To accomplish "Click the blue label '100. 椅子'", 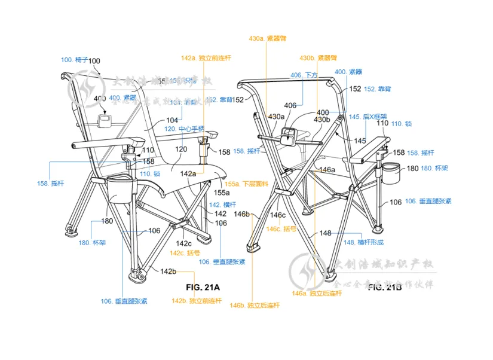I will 74,60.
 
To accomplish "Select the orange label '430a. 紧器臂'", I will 268,38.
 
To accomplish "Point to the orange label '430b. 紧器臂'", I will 319,58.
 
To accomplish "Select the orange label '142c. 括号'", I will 185,253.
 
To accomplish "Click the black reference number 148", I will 325,233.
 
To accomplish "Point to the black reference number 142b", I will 168,271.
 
